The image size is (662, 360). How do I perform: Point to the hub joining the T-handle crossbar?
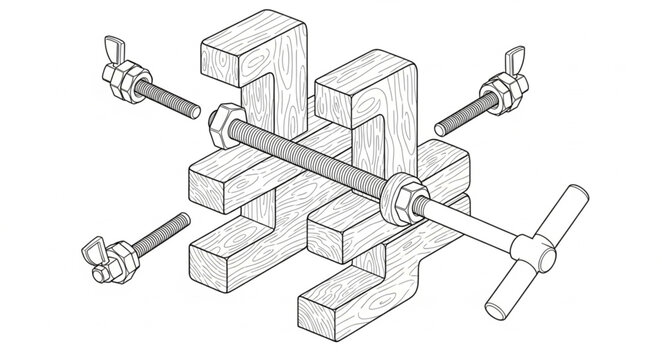click(527, 250)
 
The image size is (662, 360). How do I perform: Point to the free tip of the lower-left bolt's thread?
click(186, 217)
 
